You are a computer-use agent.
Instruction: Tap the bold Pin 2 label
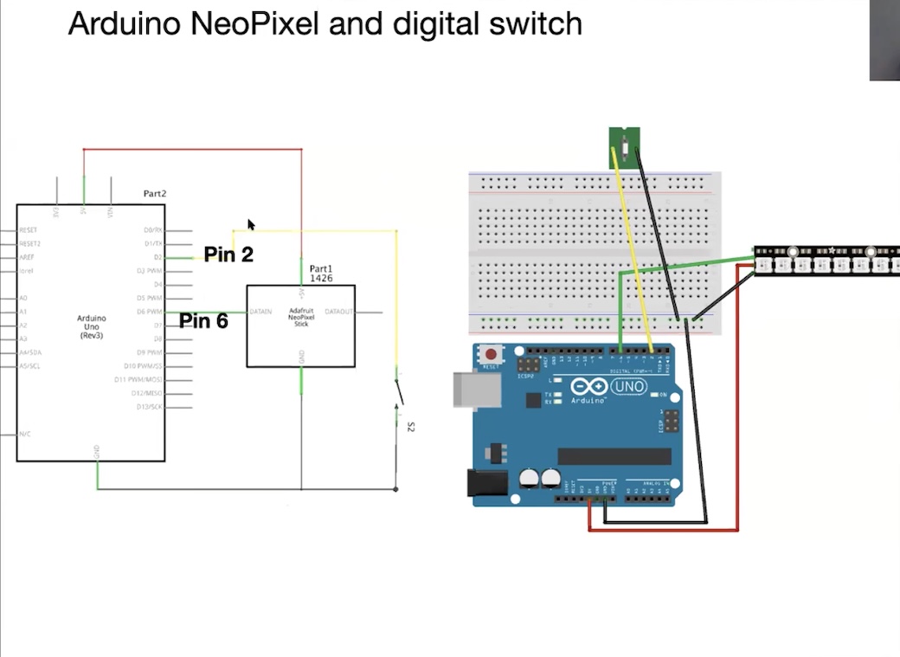(x=228, y=254)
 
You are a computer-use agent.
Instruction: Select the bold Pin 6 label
(x=203, y=321)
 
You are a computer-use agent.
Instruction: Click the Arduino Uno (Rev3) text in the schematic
(x=90, y=326)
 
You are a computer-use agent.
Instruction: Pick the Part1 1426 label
(x=321, y=274)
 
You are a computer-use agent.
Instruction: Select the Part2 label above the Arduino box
(x=155, y=194)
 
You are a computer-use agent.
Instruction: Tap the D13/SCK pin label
(x=150, y=407)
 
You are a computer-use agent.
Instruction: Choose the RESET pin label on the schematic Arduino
(x=29, y=231)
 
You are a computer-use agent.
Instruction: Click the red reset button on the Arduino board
(x=492, y=353)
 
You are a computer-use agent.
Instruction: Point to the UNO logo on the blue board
(x=629, y=386)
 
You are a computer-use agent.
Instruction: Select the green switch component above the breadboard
(x=624, y=145)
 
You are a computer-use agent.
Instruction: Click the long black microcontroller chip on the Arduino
(x=614, y=456)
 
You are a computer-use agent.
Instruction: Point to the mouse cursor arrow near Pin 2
(x=251, y=225)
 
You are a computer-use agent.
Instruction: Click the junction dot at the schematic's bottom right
(x=396, y=489)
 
